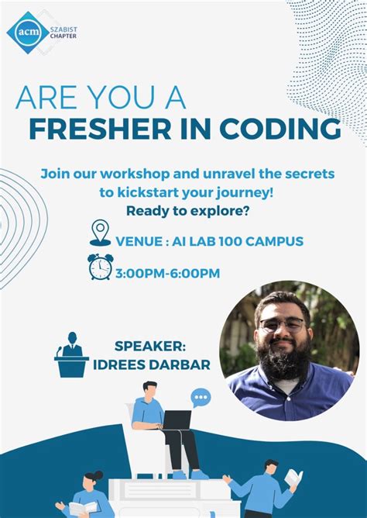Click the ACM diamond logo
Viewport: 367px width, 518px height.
click(x=23, y=32)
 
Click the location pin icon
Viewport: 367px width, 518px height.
click(x=101, y=232)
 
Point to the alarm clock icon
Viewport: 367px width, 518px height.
click(x=100, y=267)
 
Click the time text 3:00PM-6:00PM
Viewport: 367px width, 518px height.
click(x=167, y=272)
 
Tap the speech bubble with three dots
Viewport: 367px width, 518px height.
click(x=201, y=399)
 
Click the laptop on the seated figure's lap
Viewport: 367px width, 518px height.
click(x=176, y=420)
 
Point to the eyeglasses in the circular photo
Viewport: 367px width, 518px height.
click(x=283, y=324)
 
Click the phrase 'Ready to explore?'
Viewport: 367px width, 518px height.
click(x=188, y=210)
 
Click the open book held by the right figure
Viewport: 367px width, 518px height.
click(x=293, y=478)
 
